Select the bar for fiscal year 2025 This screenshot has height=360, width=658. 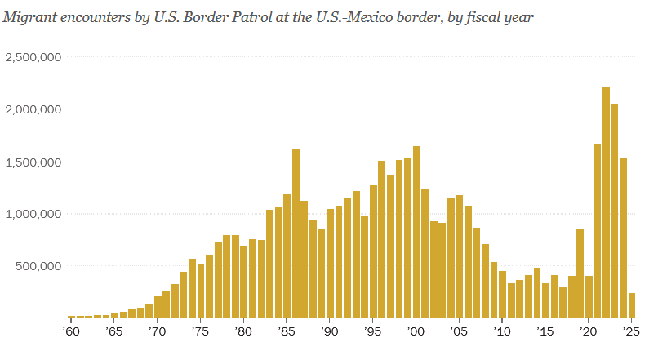pos(632,305)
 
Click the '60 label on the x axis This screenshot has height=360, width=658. pos(71,332)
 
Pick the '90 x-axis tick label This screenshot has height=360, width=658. pos(330,332)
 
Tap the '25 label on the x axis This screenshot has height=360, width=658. pos(631,332)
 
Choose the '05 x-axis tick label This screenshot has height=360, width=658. pos(459,332)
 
